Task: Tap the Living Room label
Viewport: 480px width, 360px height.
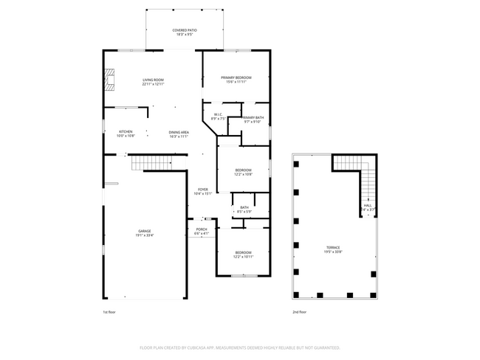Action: [153, 82]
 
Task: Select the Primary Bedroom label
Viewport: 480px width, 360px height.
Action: [236, 80]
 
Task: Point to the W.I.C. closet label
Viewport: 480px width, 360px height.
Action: [218, 116]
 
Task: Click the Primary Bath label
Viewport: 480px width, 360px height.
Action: [253, 120]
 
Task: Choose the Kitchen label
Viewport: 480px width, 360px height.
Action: [126, 134]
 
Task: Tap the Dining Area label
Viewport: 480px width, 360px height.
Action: [179, 134]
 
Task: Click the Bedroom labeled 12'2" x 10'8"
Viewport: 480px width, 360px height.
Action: [243, 172]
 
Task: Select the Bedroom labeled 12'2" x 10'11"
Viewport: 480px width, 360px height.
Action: [243, 255]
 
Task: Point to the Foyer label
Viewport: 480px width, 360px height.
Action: [202, 192]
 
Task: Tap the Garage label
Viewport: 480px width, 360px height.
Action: [144, 233]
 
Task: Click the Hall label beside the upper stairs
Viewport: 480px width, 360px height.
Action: [367, 207]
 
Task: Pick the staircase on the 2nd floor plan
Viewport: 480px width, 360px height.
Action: [367, 184]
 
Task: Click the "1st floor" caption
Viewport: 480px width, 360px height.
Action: [110, 311]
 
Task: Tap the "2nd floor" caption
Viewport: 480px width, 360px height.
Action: [300, 311]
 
